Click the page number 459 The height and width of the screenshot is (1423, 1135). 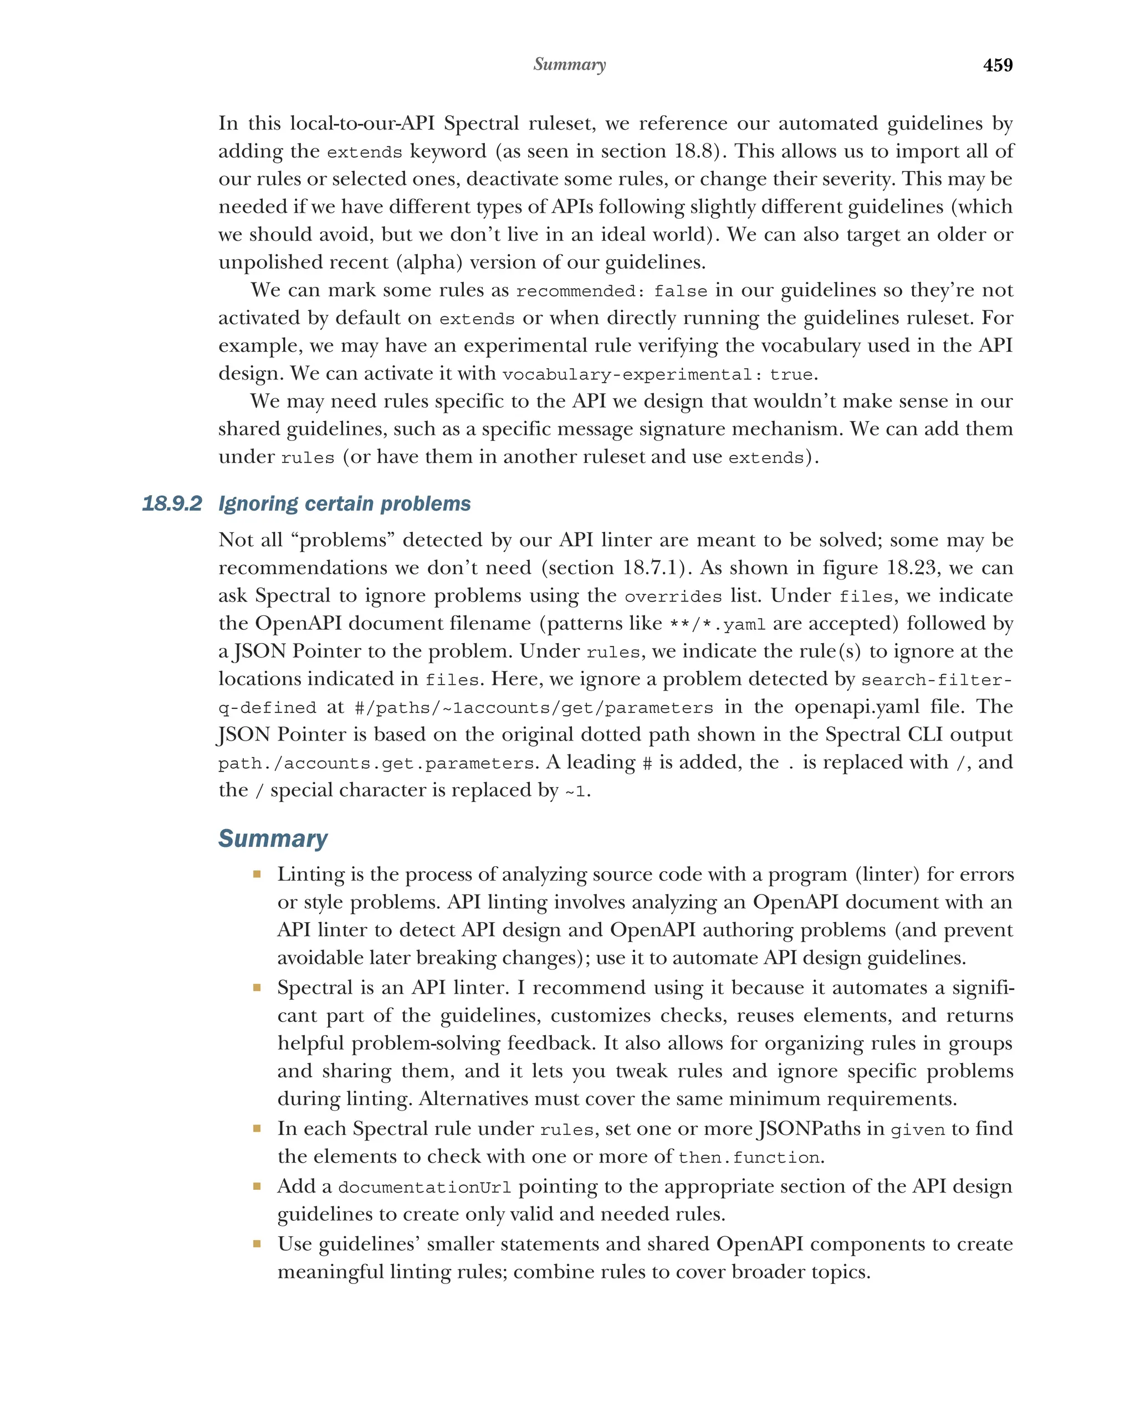point(997,65)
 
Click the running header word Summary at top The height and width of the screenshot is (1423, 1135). point(569,64)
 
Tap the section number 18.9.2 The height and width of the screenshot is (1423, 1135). point(172,504)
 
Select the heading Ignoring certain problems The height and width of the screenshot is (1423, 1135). point(344,504)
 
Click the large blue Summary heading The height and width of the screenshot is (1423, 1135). point(273,838)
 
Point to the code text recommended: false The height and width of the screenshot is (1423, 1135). point(611,291)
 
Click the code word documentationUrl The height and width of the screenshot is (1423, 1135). point(424,1188)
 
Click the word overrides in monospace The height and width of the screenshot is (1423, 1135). point(673,597)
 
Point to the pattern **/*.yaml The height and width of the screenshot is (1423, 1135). point(717,624)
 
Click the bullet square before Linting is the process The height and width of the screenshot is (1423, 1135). point(257,875)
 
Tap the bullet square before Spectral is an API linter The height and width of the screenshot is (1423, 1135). point(257,988)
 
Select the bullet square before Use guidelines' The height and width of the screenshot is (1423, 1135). point(257,1244)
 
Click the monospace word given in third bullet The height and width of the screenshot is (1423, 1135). point(917,1131)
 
